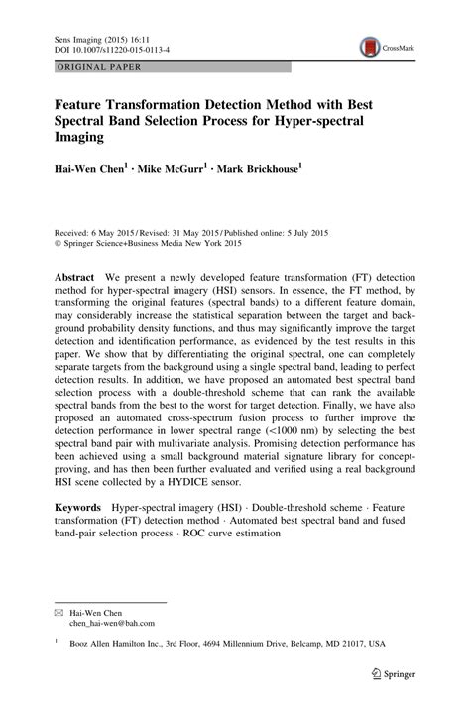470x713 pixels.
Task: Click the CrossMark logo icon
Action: pyautogui.click(x=371, y=47)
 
